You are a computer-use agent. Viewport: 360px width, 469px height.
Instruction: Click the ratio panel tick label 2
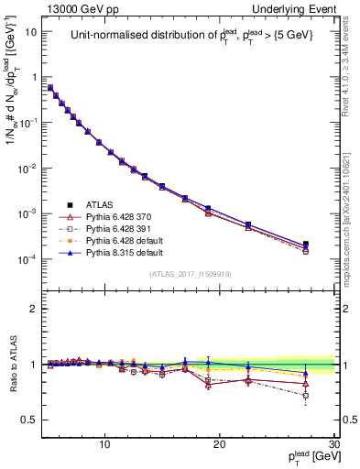35,309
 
